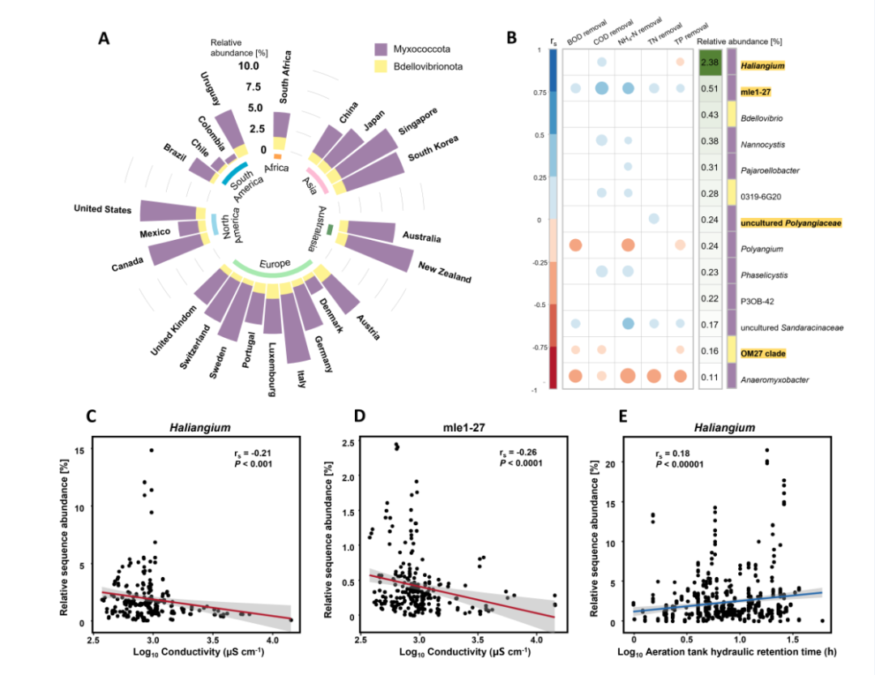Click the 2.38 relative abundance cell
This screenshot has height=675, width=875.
click(x=711, y=62)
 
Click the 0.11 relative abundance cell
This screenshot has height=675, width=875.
click(x=711, y=377)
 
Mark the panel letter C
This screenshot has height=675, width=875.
click(x=92, y=416)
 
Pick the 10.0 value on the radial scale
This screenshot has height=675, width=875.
click(x=246, y=66)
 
